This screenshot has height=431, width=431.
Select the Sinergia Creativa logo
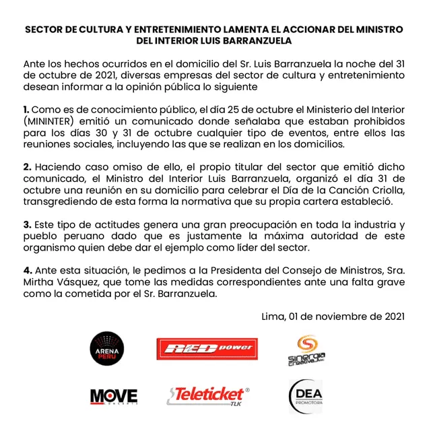point(311,350)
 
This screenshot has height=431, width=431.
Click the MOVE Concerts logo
point(113,396)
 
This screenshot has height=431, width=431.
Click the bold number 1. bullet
point(26,109)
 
